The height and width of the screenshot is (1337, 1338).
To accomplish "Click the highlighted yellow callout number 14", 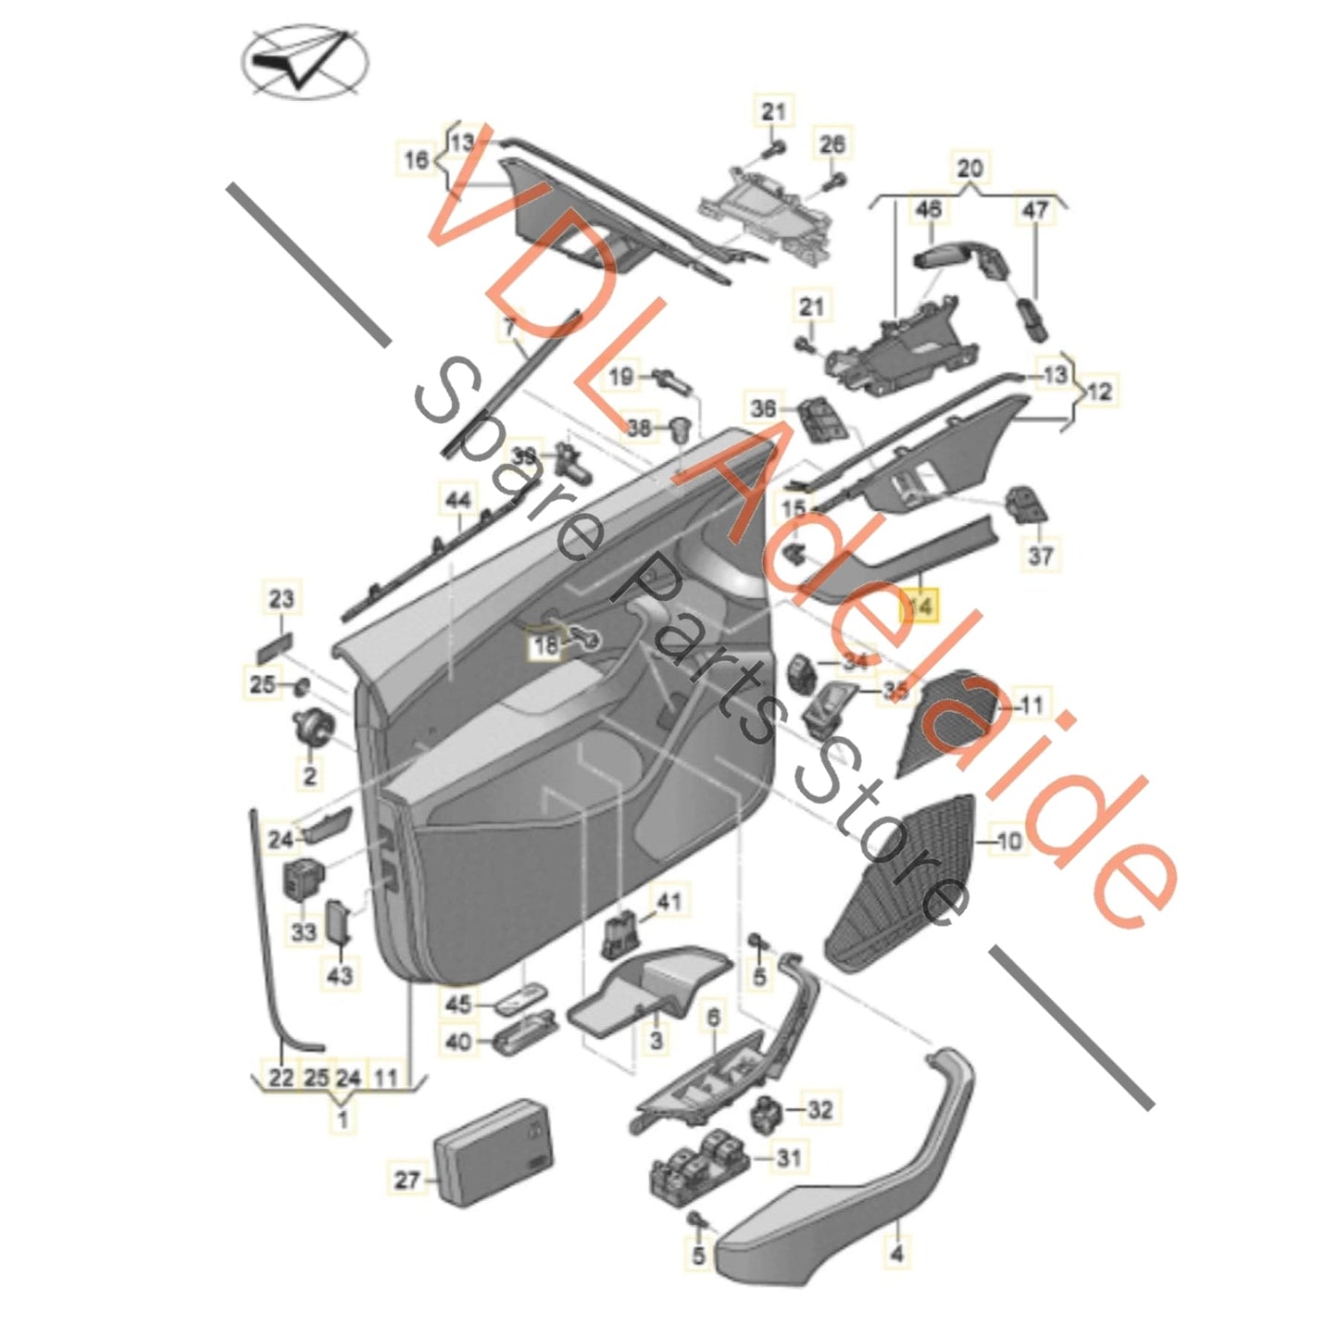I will pyautogui.click(x=922, y=606).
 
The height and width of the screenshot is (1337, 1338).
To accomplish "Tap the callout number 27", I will pyautogui.click(x=406, y=1180).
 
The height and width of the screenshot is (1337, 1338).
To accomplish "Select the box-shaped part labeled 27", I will pyautogui.click(x=494, y=1151).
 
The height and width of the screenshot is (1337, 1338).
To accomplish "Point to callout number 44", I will pyautogui.click(x=458, y=501).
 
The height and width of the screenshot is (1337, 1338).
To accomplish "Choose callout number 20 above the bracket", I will pyautogui.click(x=969, y=169).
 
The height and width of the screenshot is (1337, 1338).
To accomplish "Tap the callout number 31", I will pyautogui.click(x=790, y=1157).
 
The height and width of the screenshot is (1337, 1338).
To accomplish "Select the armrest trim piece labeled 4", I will pyautogui.click(x=852, y=1194).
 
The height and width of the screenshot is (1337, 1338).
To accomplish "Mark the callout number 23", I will pyautogui.click(x=281, y=599).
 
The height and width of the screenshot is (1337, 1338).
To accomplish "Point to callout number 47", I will pyautogui.click(x=1035, y=210).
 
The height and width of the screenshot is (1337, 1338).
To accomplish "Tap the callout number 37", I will pyautogui.click(x=1041, y=556).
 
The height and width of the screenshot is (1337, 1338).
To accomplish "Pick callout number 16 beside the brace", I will pyautogui.click(x=416, y=159).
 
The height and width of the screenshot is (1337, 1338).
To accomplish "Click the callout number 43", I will pyautogui.click(x=340, y=975).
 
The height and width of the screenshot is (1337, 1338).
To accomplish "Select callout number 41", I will pyautogui.click(x=668, y=901).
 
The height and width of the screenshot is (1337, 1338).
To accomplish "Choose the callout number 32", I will pyautogui.click(x=819, y=1109).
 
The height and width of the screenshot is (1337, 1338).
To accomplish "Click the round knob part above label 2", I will pyautogui.click(x=308, y=725).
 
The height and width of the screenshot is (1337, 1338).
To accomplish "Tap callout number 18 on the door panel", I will pyautogui.click(x=546, y=644).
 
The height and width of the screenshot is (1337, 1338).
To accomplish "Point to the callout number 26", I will pyautogui.click(x=832, y=144).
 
